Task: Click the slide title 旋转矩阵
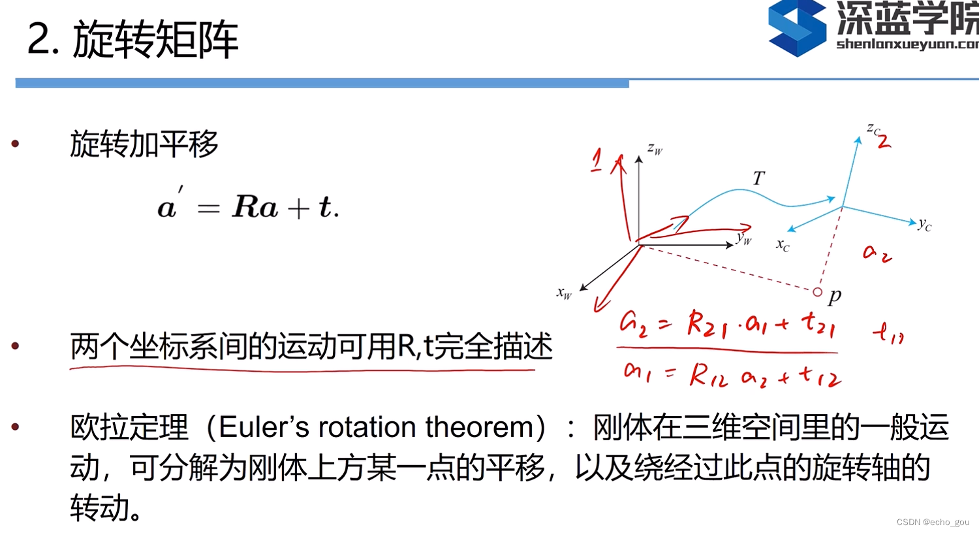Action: [x=155, y=40]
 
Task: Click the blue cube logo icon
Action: [x=797, y=28]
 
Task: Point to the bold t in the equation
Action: [x=324, y=207]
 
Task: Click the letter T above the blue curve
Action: [x=758, y=178]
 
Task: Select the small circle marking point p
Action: [x=817, y=292]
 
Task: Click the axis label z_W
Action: [x=655, y=150]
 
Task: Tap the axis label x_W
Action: [x=564, y=293]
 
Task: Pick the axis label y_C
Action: [x=924, y=225]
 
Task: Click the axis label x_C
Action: [x=783, y=245]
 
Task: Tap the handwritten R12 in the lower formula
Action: [x=708, y=376]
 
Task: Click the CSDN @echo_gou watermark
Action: [x=933, y=523]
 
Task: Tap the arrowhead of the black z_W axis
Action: [x=639, y=159]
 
